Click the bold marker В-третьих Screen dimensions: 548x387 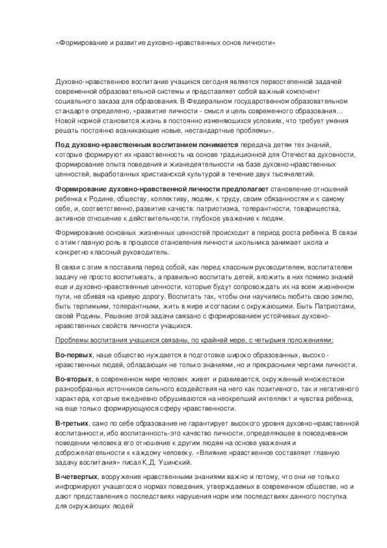point(72,424)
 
